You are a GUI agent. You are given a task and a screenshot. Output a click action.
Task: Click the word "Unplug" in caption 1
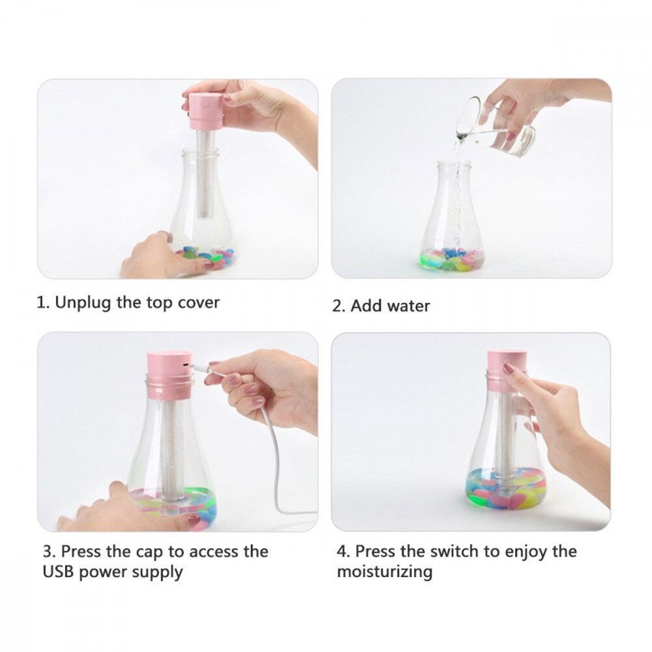pyautogui.click(x=83, y=303)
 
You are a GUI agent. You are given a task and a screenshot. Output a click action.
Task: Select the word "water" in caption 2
pyautogui.click(x=408, y=306)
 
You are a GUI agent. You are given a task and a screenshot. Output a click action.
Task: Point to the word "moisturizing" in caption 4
pyautogui.click(x=385, y=572)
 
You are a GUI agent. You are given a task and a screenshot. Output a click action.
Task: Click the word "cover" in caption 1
pyautogui.click(x=198, y=303)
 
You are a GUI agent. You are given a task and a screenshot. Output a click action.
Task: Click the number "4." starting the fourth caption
pyautogui.click(x=344, y=552)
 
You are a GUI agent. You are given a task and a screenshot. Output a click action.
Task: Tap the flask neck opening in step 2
pyautogui.click(x=454, y=165)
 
